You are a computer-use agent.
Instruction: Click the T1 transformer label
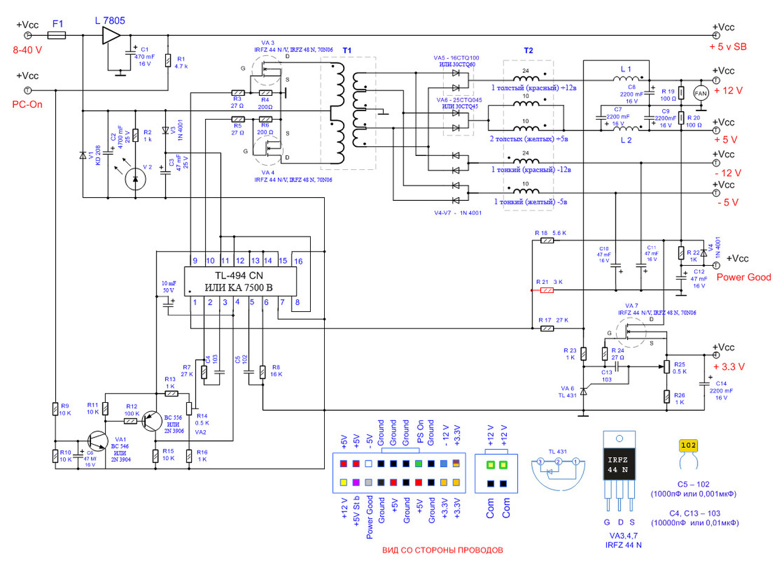[347, 50]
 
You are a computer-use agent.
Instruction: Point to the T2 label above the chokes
[528, 52]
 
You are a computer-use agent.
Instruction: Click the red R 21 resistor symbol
[547, 291]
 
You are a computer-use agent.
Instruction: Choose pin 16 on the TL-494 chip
[298, 260]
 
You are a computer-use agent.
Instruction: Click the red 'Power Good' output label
[739, 277]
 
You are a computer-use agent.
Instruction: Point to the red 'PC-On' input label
[27, 103]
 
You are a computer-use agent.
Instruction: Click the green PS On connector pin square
[418, 464]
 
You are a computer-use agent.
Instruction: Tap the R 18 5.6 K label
[550, 233]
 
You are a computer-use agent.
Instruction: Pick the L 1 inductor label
[626, 69]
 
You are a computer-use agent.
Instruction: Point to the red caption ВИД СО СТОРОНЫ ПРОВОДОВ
[443, 551]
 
